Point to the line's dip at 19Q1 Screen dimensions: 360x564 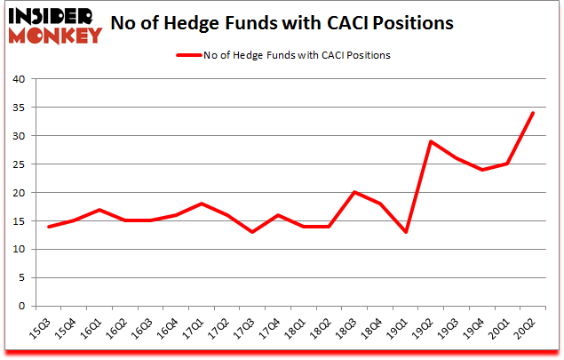click(x=408, y=232)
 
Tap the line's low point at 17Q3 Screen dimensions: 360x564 click(x=253, y=232)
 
